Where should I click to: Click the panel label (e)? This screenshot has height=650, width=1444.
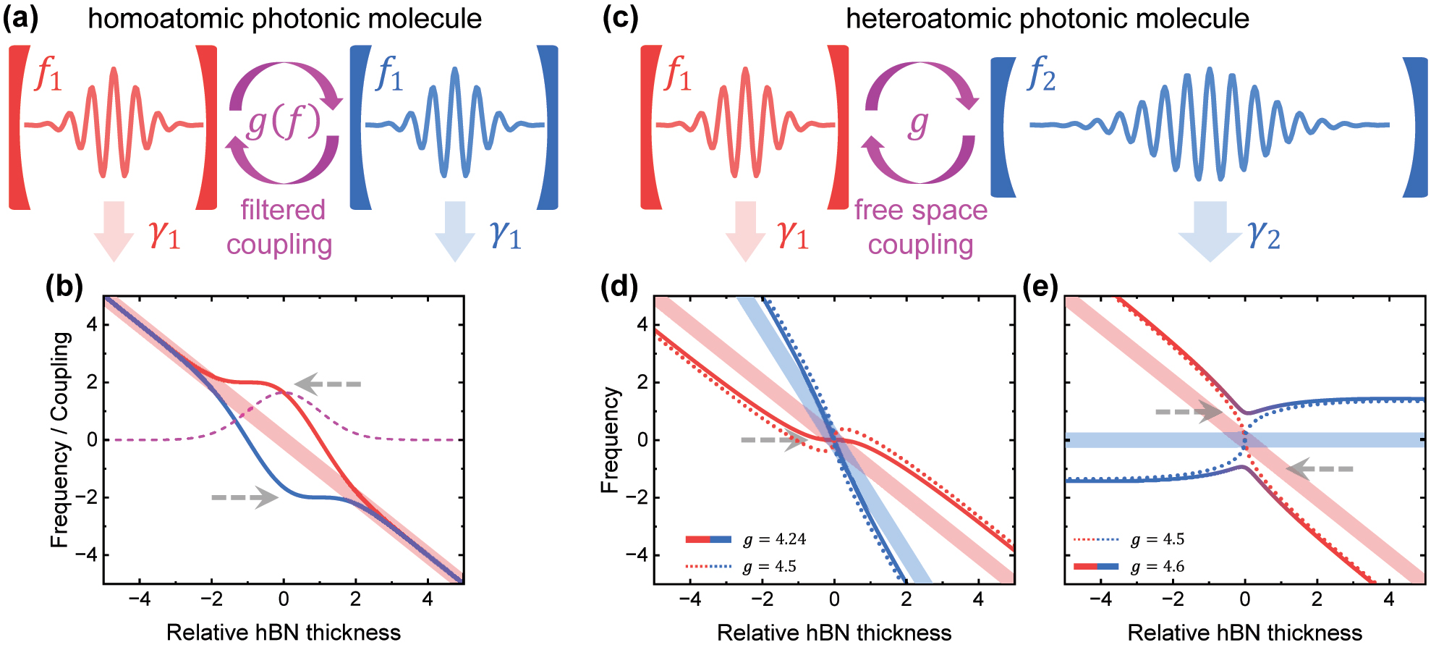point(1040,287)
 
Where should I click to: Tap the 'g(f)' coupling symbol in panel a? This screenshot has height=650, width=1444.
point(284,122)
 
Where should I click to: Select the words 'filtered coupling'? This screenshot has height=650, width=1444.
point(280,227)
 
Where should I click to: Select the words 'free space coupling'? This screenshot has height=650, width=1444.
point(920,227)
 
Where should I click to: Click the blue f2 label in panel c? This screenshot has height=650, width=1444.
point(1041,75)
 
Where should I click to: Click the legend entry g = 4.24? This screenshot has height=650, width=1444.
point(774,539)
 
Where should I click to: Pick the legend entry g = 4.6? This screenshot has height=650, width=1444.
point(1158,567)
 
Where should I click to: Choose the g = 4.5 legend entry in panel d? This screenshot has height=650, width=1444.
point(770,567)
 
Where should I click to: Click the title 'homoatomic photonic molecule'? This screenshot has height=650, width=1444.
point(284,18)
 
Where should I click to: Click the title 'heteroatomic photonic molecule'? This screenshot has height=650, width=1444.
point(1047,18)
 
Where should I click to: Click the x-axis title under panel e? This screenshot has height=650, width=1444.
point(1244,633)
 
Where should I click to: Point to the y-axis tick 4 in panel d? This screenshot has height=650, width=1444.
point(642,324)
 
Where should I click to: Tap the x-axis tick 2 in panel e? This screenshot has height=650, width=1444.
point(1317,599)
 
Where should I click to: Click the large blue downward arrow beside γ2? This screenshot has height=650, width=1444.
point(1210,230)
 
